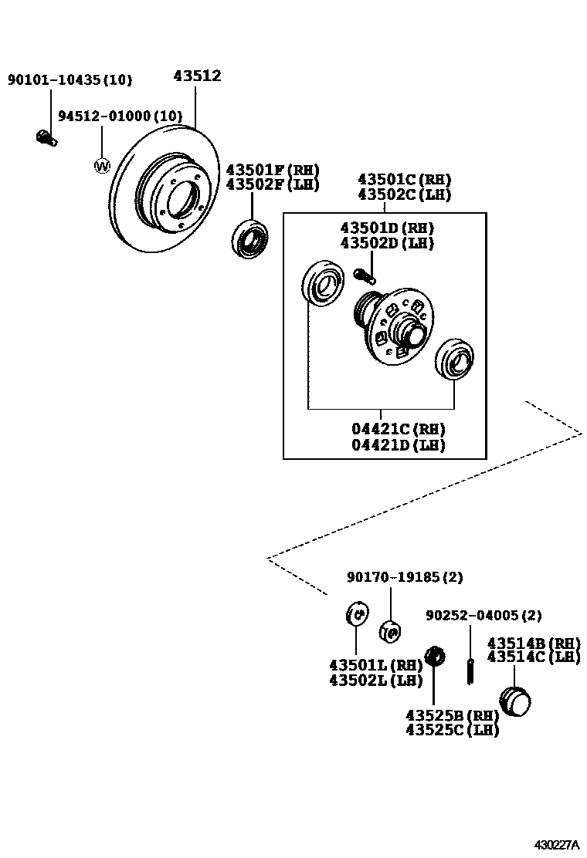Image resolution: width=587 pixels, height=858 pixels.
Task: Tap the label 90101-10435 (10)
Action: (70, 79)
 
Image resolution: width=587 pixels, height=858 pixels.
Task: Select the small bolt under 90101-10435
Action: (45, 139)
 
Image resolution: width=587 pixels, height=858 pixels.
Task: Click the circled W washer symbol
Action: (101, 165)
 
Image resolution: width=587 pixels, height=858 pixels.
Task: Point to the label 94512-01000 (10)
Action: (120, 117)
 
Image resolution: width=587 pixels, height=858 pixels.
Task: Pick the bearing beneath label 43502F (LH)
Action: (250, 238)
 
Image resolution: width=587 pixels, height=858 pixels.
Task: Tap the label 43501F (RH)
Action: (272, 170)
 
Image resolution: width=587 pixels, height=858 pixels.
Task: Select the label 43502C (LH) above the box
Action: (404, 195)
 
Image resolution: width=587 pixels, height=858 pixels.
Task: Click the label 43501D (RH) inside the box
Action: (387, 228)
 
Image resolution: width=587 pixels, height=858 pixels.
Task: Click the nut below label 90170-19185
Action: (391, 632)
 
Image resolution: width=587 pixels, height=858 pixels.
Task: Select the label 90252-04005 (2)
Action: (484, 615)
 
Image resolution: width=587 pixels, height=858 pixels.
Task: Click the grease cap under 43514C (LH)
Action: (515, 701)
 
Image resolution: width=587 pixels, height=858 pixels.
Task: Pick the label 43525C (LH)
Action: (452, 730)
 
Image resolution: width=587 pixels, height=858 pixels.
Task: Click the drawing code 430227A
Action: (557, 845)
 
